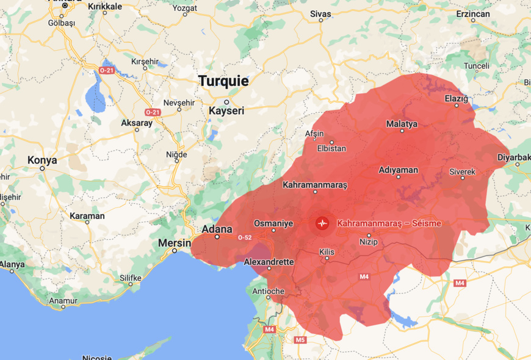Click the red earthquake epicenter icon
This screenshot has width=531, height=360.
pyautogui.click(x=322, y=223)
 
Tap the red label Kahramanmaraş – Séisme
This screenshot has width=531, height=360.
pyautogui.click(x=389, y=223)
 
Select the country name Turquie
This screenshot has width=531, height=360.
pyautogui.click(x=223, y=81)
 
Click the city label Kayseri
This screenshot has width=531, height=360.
pyautogui.click(x=226, y=110)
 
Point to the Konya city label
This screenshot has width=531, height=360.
pyautogui.click(x=42, y=160)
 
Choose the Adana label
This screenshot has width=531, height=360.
pyautogui.click(x=217, y=229)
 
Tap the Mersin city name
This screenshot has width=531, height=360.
pyautogui.click(x=175, y=242)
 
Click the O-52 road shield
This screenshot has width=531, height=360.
pyautogui.click(x=244, y=237)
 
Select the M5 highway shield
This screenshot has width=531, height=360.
pyautogui.click(x=300, y=340)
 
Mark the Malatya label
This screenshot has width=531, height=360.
pyautogui.click(x=402, y=124)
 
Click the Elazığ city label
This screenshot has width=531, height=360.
pyautogui.click(x=456, y=98)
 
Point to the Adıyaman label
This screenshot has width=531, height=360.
pyautogui.click(x=398, y=170)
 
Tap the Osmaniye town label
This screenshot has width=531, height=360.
pyautogui.click(x=273, y=223)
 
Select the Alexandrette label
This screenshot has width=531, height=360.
pyautogui.click(x=269, y=262)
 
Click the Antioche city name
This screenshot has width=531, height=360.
pyautogui.click(x=269, y=291)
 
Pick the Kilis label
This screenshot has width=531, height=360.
pyautogui.click(x=327, y=251)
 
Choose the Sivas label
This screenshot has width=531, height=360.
pyautogui.click(x=320, y=13)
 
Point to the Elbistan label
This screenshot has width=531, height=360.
pyautogui.click(x=331, y=148)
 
